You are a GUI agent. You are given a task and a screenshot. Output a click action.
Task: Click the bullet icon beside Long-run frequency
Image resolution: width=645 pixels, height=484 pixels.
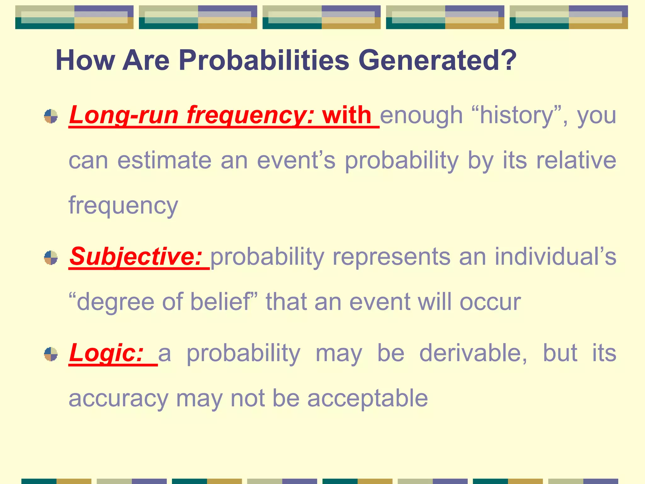(51, 116)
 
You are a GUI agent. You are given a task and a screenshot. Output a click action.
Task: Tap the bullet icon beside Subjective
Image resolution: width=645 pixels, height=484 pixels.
(51, 258)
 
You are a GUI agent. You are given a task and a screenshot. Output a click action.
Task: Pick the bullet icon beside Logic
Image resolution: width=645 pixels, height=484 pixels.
(51, 354)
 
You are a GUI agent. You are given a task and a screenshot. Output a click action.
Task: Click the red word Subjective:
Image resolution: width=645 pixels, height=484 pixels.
(136, 256)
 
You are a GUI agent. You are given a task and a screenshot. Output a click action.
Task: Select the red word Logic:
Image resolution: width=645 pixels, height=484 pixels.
(106, 353)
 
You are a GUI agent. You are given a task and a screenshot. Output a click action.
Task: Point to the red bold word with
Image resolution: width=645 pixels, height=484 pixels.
(347, 115)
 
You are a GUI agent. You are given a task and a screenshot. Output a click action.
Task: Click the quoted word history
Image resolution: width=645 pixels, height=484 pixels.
(516, 116)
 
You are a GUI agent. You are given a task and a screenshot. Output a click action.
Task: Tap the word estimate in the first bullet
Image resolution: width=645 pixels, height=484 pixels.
(164, 160)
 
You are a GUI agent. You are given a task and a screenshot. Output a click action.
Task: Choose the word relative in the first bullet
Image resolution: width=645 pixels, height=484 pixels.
(576, 160)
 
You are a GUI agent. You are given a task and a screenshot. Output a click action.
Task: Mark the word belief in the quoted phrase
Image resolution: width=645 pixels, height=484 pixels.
(220, 302)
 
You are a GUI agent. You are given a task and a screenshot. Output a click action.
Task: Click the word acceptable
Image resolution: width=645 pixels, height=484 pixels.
(368, 398)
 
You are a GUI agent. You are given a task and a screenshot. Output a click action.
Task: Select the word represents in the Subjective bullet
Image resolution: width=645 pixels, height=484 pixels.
(391, 256)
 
